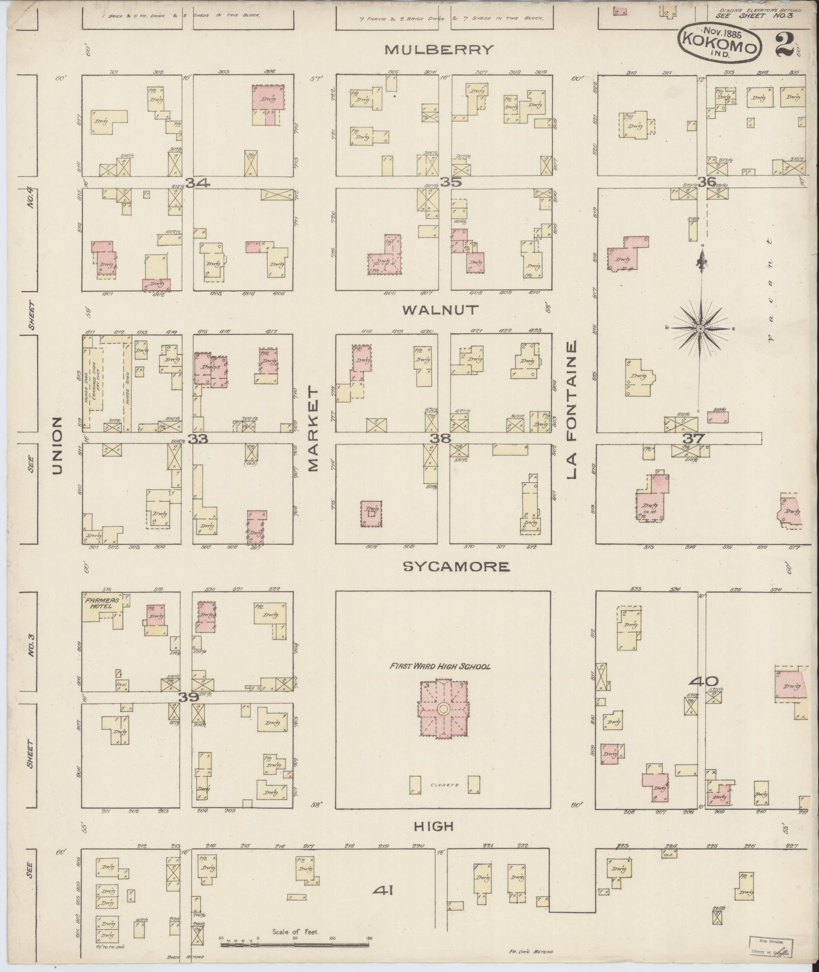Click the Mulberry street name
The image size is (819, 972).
(439, 49)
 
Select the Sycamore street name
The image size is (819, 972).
(455, 567)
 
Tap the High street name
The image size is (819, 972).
(433, 826)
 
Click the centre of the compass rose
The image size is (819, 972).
(701, 329)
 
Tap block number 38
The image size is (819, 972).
(440, 438)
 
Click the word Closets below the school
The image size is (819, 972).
(444, 785)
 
